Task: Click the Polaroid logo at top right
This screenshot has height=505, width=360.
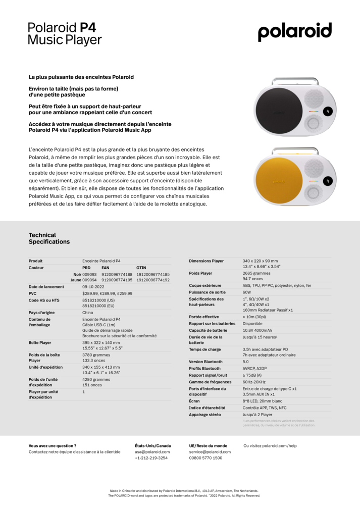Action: click(295, 32)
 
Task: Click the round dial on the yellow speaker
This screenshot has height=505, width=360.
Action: click(313, 191)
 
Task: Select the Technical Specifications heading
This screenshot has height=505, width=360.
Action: click(49, 238)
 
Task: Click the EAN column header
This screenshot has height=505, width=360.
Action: click(105, 268)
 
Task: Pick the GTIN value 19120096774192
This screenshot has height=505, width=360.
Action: click(153, 280)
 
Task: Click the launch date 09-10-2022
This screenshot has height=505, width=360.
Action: click(93, 286)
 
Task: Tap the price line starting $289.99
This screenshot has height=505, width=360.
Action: click(108, 293)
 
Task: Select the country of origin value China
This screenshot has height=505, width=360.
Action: click(87, 313)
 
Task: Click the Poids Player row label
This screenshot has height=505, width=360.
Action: click(200, 273)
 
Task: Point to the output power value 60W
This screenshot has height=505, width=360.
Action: click(247, 292)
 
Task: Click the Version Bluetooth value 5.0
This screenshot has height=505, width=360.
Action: click(245, 362)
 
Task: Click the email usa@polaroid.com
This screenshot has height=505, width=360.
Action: click(152, 452)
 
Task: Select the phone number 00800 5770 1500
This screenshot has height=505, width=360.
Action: click(205, 458)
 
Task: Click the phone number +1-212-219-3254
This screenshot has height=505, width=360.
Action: click(151, 458)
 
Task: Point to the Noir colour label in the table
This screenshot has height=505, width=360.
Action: click(77, 274)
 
